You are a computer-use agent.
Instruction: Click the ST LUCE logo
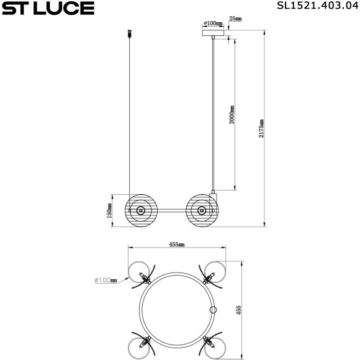48,9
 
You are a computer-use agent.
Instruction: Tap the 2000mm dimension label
232,115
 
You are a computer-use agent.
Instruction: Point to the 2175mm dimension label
261,129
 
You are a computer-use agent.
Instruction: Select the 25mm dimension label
235,20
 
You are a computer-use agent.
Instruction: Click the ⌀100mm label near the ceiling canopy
213,24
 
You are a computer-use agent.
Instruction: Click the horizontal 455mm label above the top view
176,245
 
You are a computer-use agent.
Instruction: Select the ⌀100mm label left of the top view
106,281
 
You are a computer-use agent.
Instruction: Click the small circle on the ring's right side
213,310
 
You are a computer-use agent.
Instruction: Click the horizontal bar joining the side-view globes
171,211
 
